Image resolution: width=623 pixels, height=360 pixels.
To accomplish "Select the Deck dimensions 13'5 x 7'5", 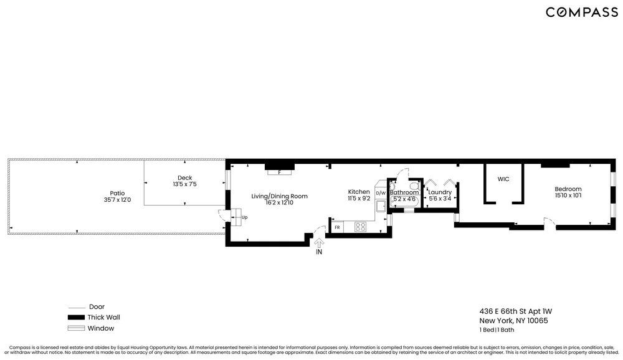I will coord(184,184).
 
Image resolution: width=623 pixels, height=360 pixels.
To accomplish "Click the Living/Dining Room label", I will coord(279,196).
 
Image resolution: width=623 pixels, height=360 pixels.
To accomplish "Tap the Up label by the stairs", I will coord(244,218).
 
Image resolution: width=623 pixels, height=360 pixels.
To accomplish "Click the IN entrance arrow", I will coord(319,245).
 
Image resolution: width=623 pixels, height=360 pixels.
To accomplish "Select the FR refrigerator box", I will coord(337,227).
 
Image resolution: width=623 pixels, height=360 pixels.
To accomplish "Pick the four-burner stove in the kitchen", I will coord(360,227).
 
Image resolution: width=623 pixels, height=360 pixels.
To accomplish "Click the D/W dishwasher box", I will coord(380,194).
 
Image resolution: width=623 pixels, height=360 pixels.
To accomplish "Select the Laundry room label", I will coord(440,192).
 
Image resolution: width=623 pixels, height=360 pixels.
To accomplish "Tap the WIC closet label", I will coord(503,179).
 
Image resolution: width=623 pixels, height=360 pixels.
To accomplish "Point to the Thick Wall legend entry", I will coord(100,317).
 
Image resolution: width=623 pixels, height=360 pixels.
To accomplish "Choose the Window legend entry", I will coord(100,328).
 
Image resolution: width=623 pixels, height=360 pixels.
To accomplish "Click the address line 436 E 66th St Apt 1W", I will coord(515,311).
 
